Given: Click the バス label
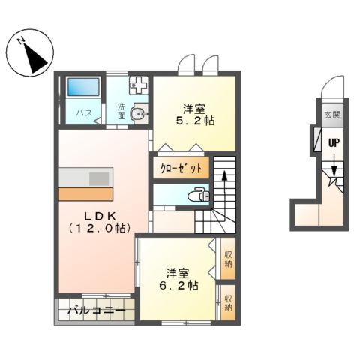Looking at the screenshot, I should pyautogui.click(x=85, y=113).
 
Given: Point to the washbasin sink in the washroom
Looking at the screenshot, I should pyautogui.click(x=139, y=114).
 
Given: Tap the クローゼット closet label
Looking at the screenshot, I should pyautogui.click(x=181, y=168).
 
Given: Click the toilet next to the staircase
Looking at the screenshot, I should pyautogui.click(x=196, y=196).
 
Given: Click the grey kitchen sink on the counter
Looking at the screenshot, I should pyautogui.click(x=100, y=178).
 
